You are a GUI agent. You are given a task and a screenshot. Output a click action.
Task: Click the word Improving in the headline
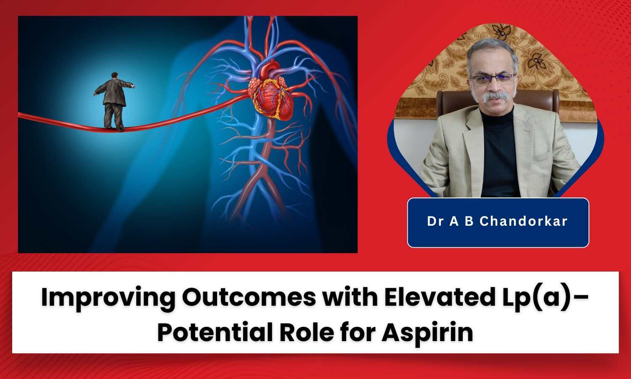108,298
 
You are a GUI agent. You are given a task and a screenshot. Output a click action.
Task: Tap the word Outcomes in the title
248,298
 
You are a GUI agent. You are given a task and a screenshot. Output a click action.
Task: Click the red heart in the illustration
273,95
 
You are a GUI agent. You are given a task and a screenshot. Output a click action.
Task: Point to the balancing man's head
114,75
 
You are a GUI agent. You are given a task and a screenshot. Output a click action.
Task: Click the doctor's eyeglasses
492,78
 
